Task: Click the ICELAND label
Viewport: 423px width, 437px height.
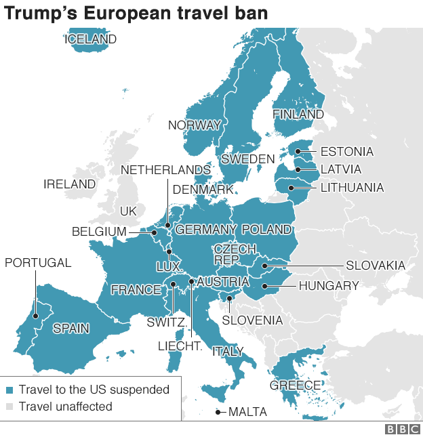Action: coord(90,39)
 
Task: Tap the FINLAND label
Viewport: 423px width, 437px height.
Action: coord(298,115)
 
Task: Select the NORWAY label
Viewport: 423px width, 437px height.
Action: coord(195,125)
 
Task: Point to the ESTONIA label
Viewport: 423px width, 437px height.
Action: coord(346,152)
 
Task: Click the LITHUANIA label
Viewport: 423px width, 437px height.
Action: coord(352,188)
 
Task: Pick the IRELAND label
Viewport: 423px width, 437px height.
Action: coord(69,184)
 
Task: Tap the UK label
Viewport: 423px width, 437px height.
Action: coord(128,211)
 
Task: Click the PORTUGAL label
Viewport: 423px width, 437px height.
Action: coord(38,263)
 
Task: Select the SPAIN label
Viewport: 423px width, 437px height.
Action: coord(71,329)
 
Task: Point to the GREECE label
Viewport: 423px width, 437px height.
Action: coord(295,386)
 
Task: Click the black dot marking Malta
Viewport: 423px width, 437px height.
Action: coord(218,412)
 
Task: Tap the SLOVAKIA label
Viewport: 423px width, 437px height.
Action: coord(375,266)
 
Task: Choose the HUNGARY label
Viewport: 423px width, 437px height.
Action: coord(328,286)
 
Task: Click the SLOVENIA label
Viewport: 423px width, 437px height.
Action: coord(252,320)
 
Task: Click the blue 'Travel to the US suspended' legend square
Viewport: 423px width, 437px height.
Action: coord(9,390)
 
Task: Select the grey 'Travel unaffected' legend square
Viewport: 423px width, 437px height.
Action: coord(9,407)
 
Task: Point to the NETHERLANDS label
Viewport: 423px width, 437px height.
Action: coord(165,169)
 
